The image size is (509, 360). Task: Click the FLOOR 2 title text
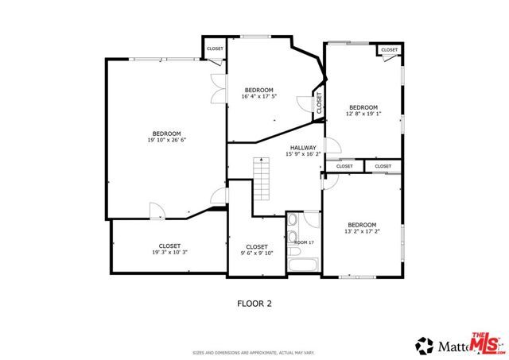(x=254, y=303)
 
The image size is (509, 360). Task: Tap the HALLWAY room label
(x=303, y=148)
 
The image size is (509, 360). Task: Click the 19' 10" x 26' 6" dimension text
(x=166, y=141)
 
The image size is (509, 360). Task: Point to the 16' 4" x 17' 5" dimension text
(x=258, y=97)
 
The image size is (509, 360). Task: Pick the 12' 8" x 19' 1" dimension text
(x=363, y=114)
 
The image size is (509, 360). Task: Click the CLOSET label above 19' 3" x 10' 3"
(x=169, y=246)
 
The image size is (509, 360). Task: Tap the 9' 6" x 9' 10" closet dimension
(x=256, y=254)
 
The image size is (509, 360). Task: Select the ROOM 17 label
(x=305, y=242)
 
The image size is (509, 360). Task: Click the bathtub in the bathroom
(x=303, y=265)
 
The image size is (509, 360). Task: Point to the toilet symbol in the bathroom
(x=293, y=221)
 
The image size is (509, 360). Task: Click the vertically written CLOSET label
(x=319, y=103)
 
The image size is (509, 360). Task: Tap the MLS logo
(x=486, y=343)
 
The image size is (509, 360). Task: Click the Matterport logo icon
(x=422, y=346)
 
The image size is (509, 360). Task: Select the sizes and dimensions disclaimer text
(x=254, y=353)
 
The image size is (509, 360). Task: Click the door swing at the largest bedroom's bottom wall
(x=158, y=210)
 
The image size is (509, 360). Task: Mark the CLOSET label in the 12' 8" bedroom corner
(x=389, y=50)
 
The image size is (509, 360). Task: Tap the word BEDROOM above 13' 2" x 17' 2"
(x=361, y=224)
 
